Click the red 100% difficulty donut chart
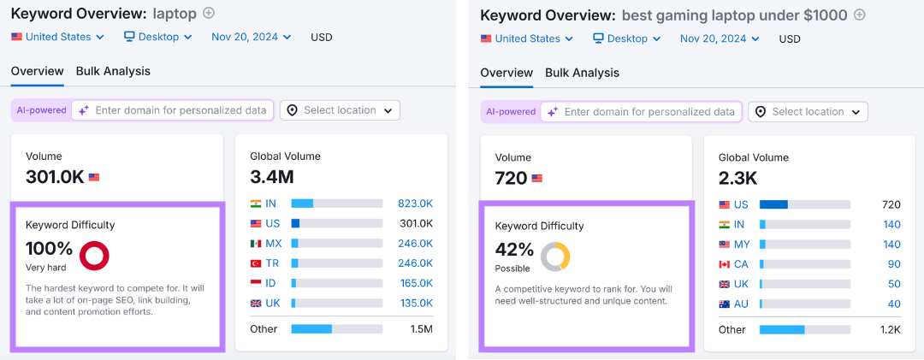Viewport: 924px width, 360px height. pos(94,255)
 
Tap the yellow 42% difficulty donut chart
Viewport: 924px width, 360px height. pos(555,257)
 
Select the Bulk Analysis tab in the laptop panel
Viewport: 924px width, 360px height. pos(113,71)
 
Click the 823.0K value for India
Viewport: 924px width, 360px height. pos(415,204)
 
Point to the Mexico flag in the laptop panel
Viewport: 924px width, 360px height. pos(256,244)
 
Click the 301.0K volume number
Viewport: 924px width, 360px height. pos(55,177)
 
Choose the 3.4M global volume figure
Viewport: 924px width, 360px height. pos(272,177)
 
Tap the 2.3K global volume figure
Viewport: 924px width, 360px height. pos(738,179)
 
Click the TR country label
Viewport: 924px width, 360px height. pos(273,263)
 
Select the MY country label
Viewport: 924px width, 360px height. pos(743,245)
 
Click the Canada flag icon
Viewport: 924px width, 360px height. pos(726,264)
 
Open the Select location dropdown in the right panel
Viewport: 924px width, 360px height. pos(808,112)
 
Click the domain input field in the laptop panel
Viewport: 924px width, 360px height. pos(180,110)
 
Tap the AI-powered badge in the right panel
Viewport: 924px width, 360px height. pos(510,112)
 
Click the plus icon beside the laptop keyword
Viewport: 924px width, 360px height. pos(209,14)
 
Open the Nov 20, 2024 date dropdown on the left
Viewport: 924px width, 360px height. pos(251,37)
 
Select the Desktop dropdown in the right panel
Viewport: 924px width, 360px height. pos(627,38)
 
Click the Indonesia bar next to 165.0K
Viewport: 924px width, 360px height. pos(336,283)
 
